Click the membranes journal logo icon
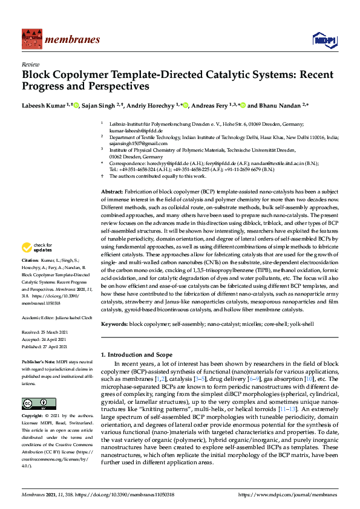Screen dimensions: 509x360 tap(30, 39)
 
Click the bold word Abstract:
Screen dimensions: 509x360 tap(113, 191)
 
